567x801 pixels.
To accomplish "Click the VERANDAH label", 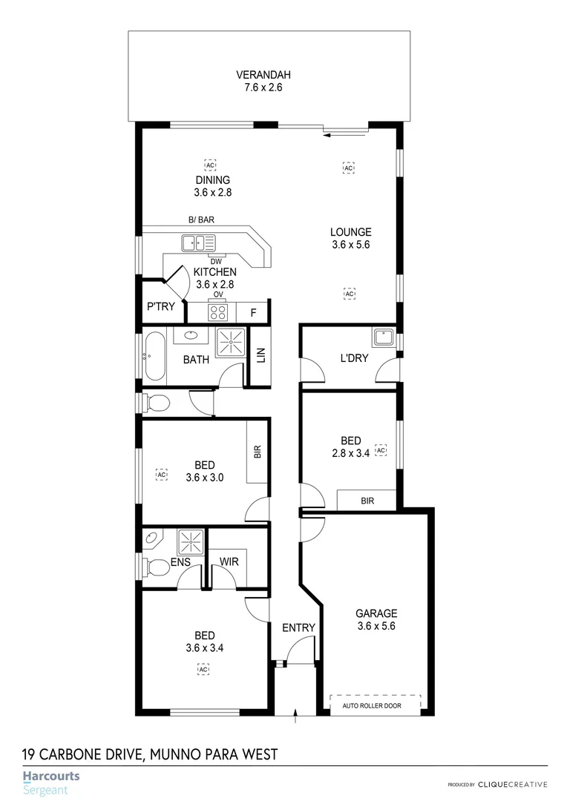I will coord(263,75).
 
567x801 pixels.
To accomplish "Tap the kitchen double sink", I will coord(198,242).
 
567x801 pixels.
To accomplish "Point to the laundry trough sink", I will coord(384,339).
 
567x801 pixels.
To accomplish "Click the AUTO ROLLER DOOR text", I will coord(372,705).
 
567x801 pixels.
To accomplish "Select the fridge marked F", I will coord(253,313).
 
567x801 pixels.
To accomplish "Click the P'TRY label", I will coord(161,306).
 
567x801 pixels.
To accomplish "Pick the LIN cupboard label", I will coord(260,356).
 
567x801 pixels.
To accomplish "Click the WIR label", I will coord(229,561).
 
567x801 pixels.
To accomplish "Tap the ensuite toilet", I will coord(157,568).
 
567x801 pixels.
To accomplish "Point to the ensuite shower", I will coord(191,539).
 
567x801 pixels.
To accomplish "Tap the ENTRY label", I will coord(298,627).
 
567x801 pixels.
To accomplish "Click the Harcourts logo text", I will coord(51,777).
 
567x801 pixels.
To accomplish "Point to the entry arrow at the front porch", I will coord(296,716).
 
